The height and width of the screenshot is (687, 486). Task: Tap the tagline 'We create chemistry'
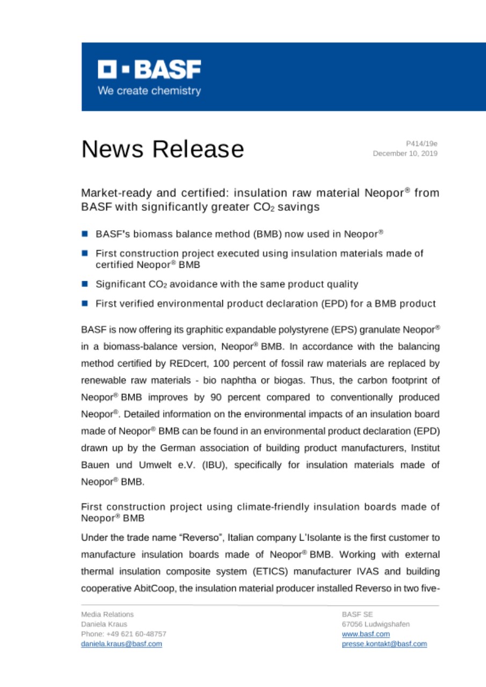click(x=149, y=91)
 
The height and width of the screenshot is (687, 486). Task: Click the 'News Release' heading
click(x=162, y=149)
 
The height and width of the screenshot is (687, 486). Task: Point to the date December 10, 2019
click(x=405, y=154)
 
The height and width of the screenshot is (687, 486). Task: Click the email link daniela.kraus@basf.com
click(x=121, y=644)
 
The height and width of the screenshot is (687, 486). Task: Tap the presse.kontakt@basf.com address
click(x=384, y=644)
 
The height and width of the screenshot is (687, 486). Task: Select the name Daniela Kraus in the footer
click(x=104, y=624)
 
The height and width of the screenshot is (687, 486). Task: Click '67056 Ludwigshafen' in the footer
click(x=375, y=624)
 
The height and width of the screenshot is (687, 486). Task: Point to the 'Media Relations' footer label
click(x=107, y=614)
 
